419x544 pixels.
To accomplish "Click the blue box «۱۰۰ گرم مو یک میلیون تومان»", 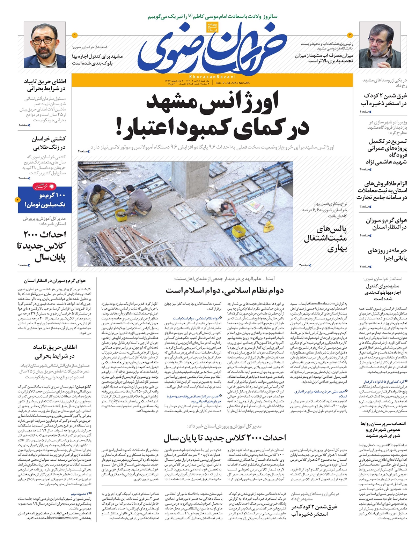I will (x=45, y=200).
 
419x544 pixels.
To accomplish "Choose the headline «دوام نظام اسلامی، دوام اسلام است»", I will (x=224, y=290).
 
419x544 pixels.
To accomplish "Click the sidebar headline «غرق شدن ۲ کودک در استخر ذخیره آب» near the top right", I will (x=384, y=99).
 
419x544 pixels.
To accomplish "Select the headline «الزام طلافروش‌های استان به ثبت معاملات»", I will (x=382, y=190).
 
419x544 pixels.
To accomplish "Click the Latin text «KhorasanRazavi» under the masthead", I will (x=213, y=76).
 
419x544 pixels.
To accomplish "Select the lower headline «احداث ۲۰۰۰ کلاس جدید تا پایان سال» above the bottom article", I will (x=225, y=438).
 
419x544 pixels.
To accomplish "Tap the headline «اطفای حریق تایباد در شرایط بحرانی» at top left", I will (x=44, y=85).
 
